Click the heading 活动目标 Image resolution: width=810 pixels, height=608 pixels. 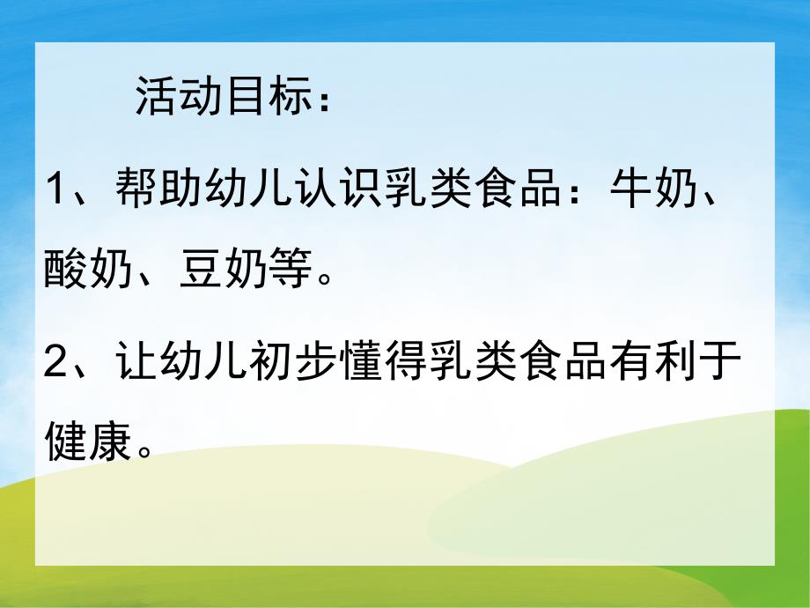pos(221,97)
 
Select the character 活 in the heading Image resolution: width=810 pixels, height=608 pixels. pos(156,97)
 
